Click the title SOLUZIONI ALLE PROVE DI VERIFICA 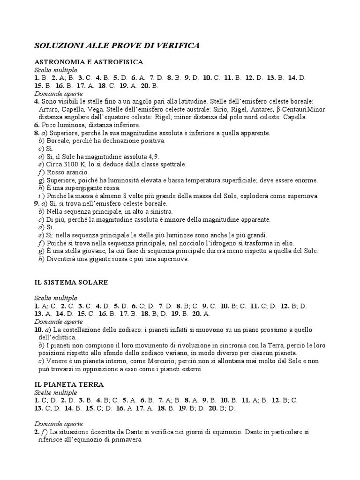117,45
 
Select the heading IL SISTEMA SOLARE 71,282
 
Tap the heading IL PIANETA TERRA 69,384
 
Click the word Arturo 49,109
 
